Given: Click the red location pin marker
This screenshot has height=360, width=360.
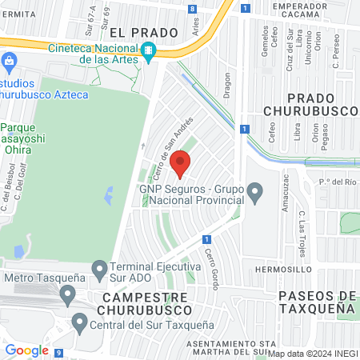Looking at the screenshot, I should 181,163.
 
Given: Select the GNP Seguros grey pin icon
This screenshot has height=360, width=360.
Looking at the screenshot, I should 254,191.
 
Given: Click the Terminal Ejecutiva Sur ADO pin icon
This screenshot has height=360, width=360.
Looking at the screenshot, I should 100,269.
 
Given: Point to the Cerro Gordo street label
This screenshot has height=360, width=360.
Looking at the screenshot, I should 211,263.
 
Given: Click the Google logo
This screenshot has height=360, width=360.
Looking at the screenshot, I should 27,350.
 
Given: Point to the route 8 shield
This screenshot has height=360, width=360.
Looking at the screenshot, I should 193,9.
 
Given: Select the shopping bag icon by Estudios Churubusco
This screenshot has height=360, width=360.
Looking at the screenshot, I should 9,60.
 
